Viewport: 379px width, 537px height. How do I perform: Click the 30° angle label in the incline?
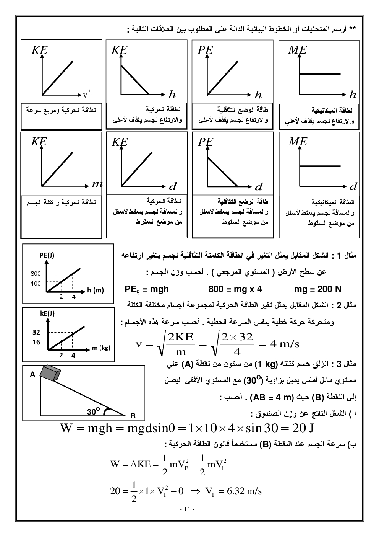pos(93,411)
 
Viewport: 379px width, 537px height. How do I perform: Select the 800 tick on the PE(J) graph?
pos(36,273)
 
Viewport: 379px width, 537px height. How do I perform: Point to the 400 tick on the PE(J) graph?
pos(36,283)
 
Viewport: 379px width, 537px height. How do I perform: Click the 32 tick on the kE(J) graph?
pos(36,332)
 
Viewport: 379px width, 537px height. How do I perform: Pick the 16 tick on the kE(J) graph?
pos(36,342)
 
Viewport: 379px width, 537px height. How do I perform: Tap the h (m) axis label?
pos(96,290)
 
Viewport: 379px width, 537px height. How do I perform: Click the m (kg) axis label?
pos(101,348)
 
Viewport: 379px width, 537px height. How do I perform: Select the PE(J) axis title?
pos(47,255)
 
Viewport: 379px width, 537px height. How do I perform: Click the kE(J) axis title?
pos(47,313)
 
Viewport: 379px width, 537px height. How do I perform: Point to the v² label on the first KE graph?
pos(87,93)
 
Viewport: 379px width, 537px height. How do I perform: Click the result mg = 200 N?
pos(318,289)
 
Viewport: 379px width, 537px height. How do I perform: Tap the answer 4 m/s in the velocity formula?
pos(284,343)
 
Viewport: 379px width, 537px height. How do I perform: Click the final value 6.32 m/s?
pos(244,491)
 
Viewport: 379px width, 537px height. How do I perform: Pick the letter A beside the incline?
pos(32,375)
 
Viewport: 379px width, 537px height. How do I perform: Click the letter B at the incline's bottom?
pos(133,415)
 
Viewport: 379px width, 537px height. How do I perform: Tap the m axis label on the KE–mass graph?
pos(97,184)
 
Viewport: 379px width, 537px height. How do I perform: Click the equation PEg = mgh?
pos(147,289)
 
